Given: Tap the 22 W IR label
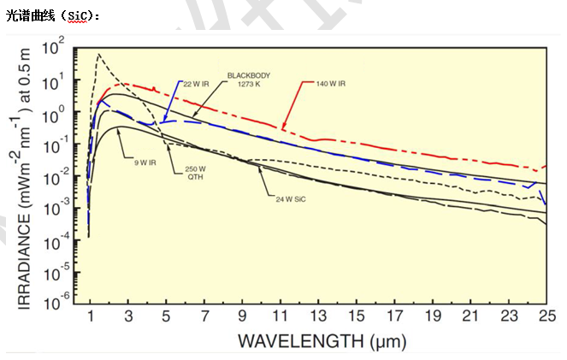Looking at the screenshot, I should (197, 83).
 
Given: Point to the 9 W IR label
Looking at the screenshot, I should (142, 161).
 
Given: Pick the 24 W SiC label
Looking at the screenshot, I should (292, 198).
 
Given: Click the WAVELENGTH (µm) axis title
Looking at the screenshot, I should (322, 341).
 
